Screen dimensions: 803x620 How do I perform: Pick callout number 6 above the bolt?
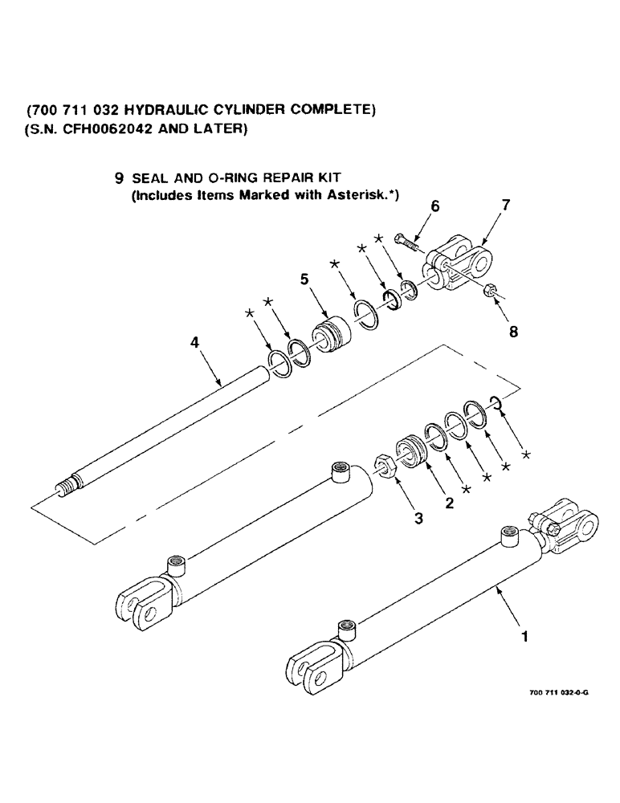434,206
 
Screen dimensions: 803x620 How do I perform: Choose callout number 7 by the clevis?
504,205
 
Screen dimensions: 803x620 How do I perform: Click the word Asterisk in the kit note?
358,195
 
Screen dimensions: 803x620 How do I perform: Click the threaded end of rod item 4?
67,487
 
